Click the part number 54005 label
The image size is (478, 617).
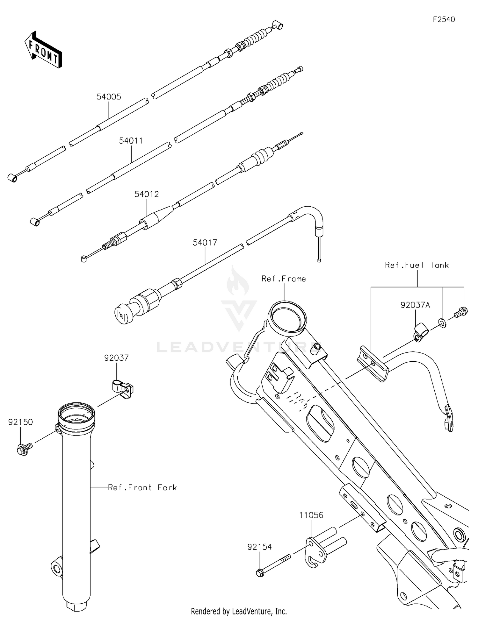pos(109,97)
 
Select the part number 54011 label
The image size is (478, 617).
pos(131,141)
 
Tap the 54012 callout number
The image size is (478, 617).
pos(147,194)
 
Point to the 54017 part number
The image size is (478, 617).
pos(205,243)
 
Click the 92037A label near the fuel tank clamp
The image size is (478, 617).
pos(415,305)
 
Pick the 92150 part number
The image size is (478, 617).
pos(20,422)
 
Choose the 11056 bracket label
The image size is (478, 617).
pos(311,515)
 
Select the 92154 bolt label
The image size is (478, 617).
pos(260,547)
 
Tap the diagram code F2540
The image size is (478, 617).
pos(444,19)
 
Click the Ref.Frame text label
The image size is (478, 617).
pos(284,279)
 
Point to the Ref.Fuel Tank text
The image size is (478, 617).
pos(417,265)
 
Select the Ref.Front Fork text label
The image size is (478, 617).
pos(142,487)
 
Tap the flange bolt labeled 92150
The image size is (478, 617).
pos(24,449)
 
